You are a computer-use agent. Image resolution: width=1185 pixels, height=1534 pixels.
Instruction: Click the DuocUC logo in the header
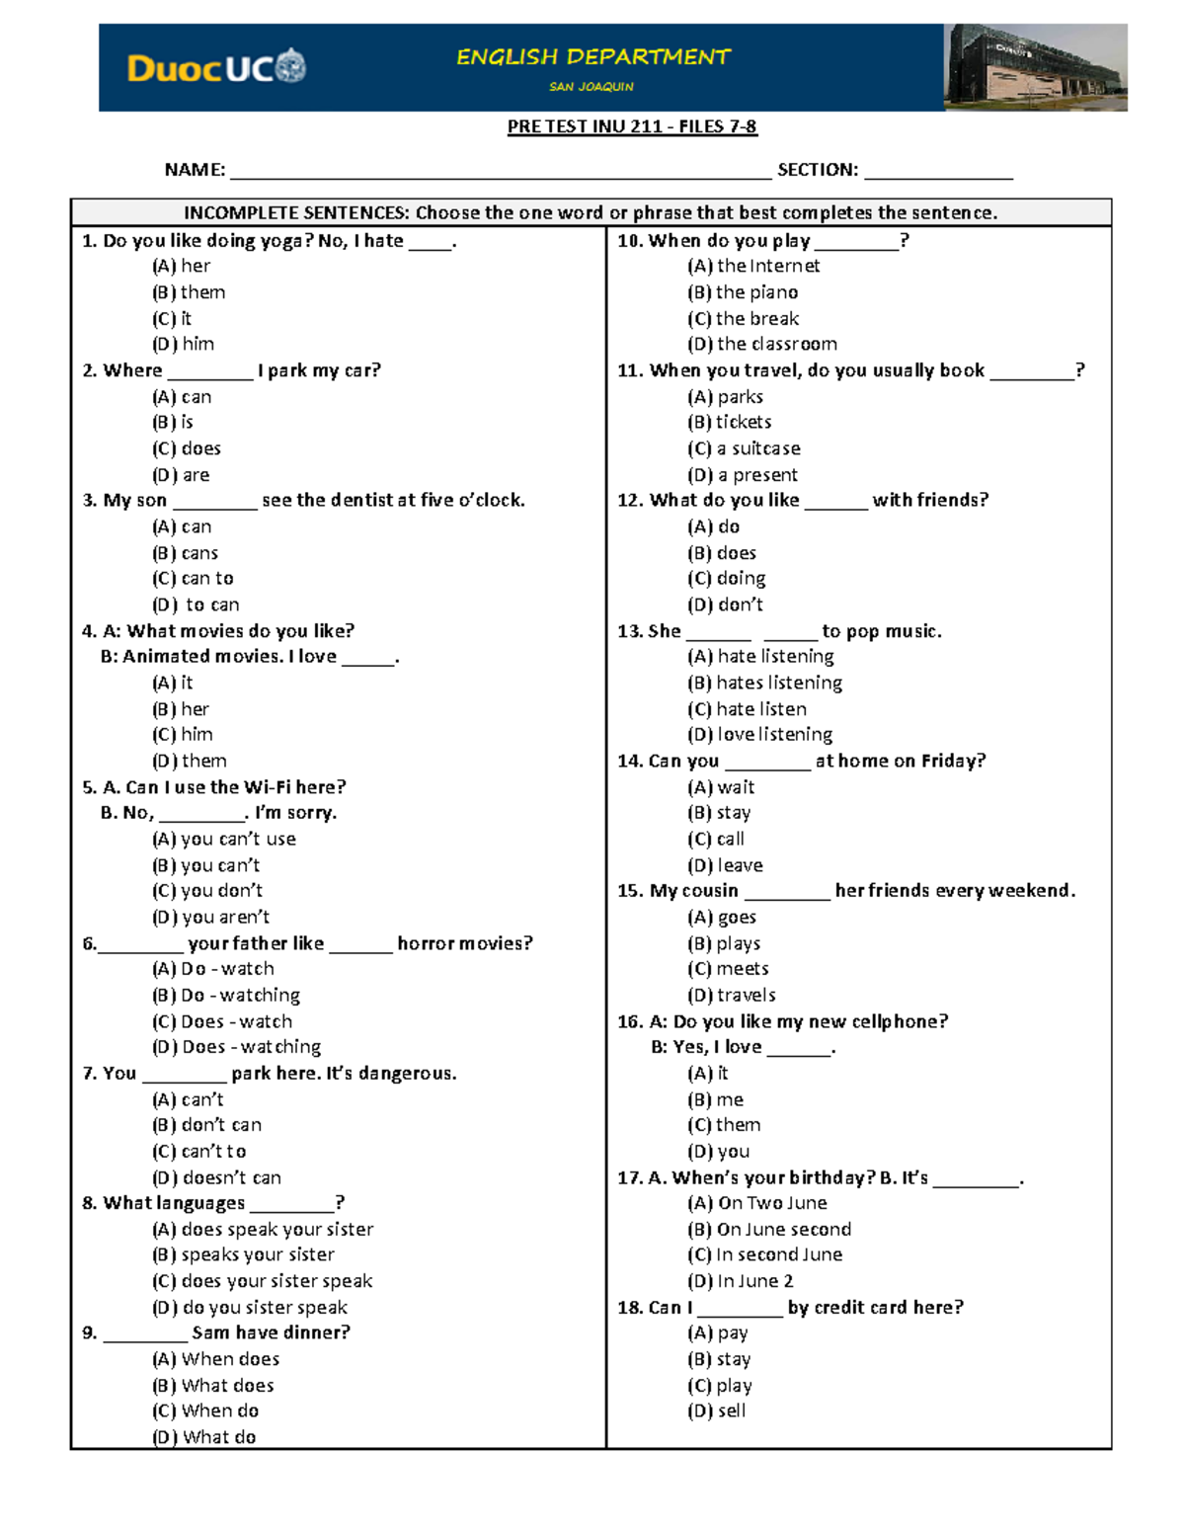[216, 67]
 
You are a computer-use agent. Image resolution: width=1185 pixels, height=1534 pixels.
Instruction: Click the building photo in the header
[1035, 67]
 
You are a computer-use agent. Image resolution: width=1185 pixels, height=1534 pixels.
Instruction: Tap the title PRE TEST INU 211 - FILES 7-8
[632, 126]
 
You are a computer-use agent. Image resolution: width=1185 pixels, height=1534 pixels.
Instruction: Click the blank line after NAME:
[500, 171]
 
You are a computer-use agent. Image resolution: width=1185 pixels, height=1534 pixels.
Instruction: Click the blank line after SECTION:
[938, 171]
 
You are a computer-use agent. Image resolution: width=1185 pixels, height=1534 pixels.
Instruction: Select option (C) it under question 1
[172, 319]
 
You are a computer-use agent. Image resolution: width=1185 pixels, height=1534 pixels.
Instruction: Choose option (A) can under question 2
[182, 397]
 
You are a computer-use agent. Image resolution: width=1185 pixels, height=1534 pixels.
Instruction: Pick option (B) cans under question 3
[186, 553]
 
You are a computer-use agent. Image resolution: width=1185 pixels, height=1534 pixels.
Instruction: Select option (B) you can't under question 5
[206, 865]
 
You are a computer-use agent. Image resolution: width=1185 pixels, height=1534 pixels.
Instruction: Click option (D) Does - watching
[237, 1047]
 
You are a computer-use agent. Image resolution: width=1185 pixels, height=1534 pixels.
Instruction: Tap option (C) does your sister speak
[263, 1281]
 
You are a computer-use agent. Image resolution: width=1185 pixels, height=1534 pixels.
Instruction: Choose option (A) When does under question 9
[216, 1359]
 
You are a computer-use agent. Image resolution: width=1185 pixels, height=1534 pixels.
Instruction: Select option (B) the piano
[743, 292]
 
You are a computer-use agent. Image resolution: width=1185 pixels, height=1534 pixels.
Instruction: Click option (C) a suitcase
[745, 448]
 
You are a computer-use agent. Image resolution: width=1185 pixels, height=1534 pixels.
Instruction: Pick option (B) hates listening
[765, 683]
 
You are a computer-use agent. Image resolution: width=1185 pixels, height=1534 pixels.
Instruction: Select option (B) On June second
[769, 1230]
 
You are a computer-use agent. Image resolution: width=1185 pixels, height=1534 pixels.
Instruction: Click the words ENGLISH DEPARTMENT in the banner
[592, 57]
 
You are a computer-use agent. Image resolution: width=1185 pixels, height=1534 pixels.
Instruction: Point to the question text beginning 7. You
[270, 1074]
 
